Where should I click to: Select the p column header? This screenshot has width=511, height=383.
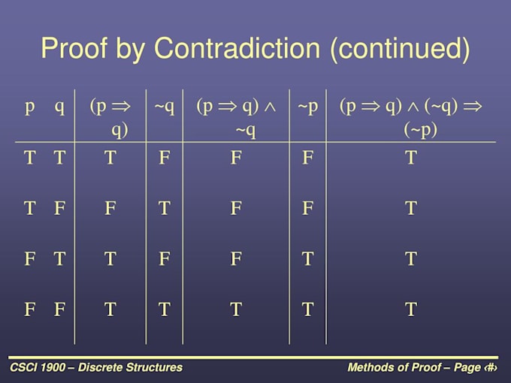pyautogui.click(x=30, y=106)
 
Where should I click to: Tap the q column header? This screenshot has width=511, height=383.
pyautogui.click(x=59, y=106)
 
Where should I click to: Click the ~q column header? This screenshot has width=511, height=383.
pyautogui.click(x=165, y=106)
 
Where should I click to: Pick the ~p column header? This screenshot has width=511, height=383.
pyautogui.click(x=308, y=106)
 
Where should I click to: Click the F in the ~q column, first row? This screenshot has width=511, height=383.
pyautogui.click(x=165, y=158)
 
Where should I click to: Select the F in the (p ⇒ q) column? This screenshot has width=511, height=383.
pyautogui.click(x=110, y=208)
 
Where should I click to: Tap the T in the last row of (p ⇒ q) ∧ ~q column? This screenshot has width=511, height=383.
pyautogui.click(x=236, y=309)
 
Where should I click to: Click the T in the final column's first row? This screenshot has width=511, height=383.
pyautogui.click(x=410, y=158)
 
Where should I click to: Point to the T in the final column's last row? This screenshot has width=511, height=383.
pyautogui.click(x=410, y=309)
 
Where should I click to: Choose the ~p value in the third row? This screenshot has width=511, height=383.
pyautogui.click(x=308, y=259)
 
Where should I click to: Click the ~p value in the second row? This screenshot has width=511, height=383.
pyautogui.click(x=308, y=208)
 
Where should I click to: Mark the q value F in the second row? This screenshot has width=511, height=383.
pyautogui.click(x=59, y=208)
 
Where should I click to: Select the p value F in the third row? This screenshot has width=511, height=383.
pyautogui.click(x=30, y=259)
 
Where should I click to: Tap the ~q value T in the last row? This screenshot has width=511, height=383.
pyautogui.click(x=165, y=309)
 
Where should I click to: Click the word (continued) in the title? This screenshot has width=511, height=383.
pyautogui.click(x=400, y=49)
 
